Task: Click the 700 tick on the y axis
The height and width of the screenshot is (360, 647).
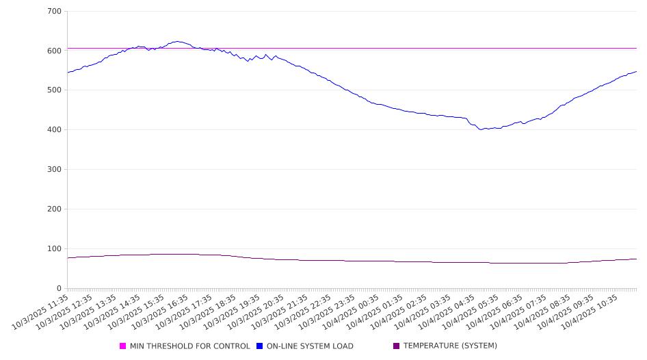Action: (54, 12)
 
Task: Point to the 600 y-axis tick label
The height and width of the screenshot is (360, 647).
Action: (54, 51)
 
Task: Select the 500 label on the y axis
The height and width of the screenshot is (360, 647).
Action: (54, 90)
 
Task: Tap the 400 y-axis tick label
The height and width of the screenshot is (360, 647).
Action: (54, 130)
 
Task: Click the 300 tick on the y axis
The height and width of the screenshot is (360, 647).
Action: (54, 170)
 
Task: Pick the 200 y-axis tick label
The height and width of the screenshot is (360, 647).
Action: (54, 209)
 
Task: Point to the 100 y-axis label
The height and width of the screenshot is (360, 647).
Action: (54, 249)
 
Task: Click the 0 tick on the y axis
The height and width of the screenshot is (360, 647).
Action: (59, 289)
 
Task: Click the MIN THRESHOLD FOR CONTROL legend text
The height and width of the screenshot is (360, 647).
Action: (189, 346)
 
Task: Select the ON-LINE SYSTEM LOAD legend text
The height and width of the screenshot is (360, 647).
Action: (310, 346)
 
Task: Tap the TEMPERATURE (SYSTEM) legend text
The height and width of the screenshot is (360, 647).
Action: (450, 346)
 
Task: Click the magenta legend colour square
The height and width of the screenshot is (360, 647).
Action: (123, 346)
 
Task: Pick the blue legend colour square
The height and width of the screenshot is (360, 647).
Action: (260, 346)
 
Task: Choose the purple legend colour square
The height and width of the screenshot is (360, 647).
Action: (397, 346)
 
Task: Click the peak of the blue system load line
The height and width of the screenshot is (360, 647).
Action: (178, 42)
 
